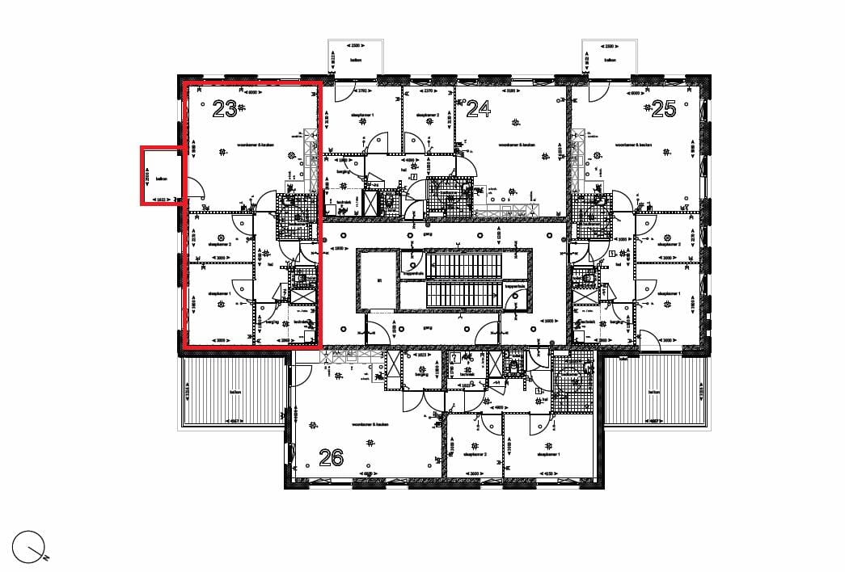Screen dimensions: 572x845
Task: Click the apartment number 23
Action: [x=225, y=108]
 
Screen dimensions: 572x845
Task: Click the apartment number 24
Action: [x=479, y=108]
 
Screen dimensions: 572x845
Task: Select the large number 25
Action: [x=663, y=108]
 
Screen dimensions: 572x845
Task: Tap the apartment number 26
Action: [x=332, y=458]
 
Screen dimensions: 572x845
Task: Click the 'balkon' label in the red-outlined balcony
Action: [x=162, y=179]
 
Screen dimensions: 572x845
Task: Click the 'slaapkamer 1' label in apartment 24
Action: [x=361, y=116]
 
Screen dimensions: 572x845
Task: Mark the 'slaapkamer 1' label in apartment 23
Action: [x=219, y=293]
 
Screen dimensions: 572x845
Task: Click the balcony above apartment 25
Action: [x=611, y=58]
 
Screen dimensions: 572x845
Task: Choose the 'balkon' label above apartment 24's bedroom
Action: [x=355, y=59]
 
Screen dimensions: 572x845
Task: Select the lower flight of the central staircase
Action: [x=464, y=295]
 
